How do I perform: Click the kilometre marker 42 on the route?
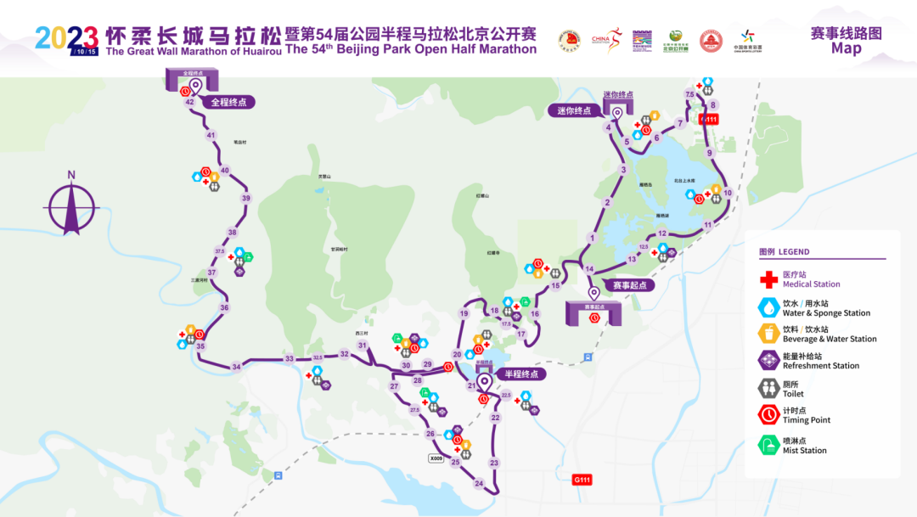tap(189, 102)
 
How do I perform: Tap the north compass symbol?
tap(72, 204)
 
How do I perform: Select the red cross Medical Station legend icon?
tap(768, 279)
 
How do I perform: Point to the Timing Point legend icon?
tap(768, 414)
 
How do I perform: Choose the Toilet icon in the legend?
tap(768, 388)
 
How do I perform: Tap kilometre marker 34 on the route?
tap(236, 367)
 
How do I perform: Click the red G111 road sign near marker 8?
tap(708, 120)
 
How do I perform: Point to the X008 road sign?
tap(436, 458)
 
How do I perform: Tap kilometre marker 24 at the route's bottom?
tap(479, 484)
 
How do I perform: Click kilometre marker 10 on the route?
tap(728, 193)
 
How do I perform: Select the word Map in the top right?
tap(846, 48)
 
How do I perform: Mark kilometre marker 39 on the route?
tap(246, 198)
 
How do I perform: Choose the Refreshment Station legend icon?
tap(768, 360)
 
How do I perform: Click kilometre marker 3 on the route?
tap(623, 170)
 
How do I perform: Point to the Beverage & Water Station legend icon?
tap(768, 333)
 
